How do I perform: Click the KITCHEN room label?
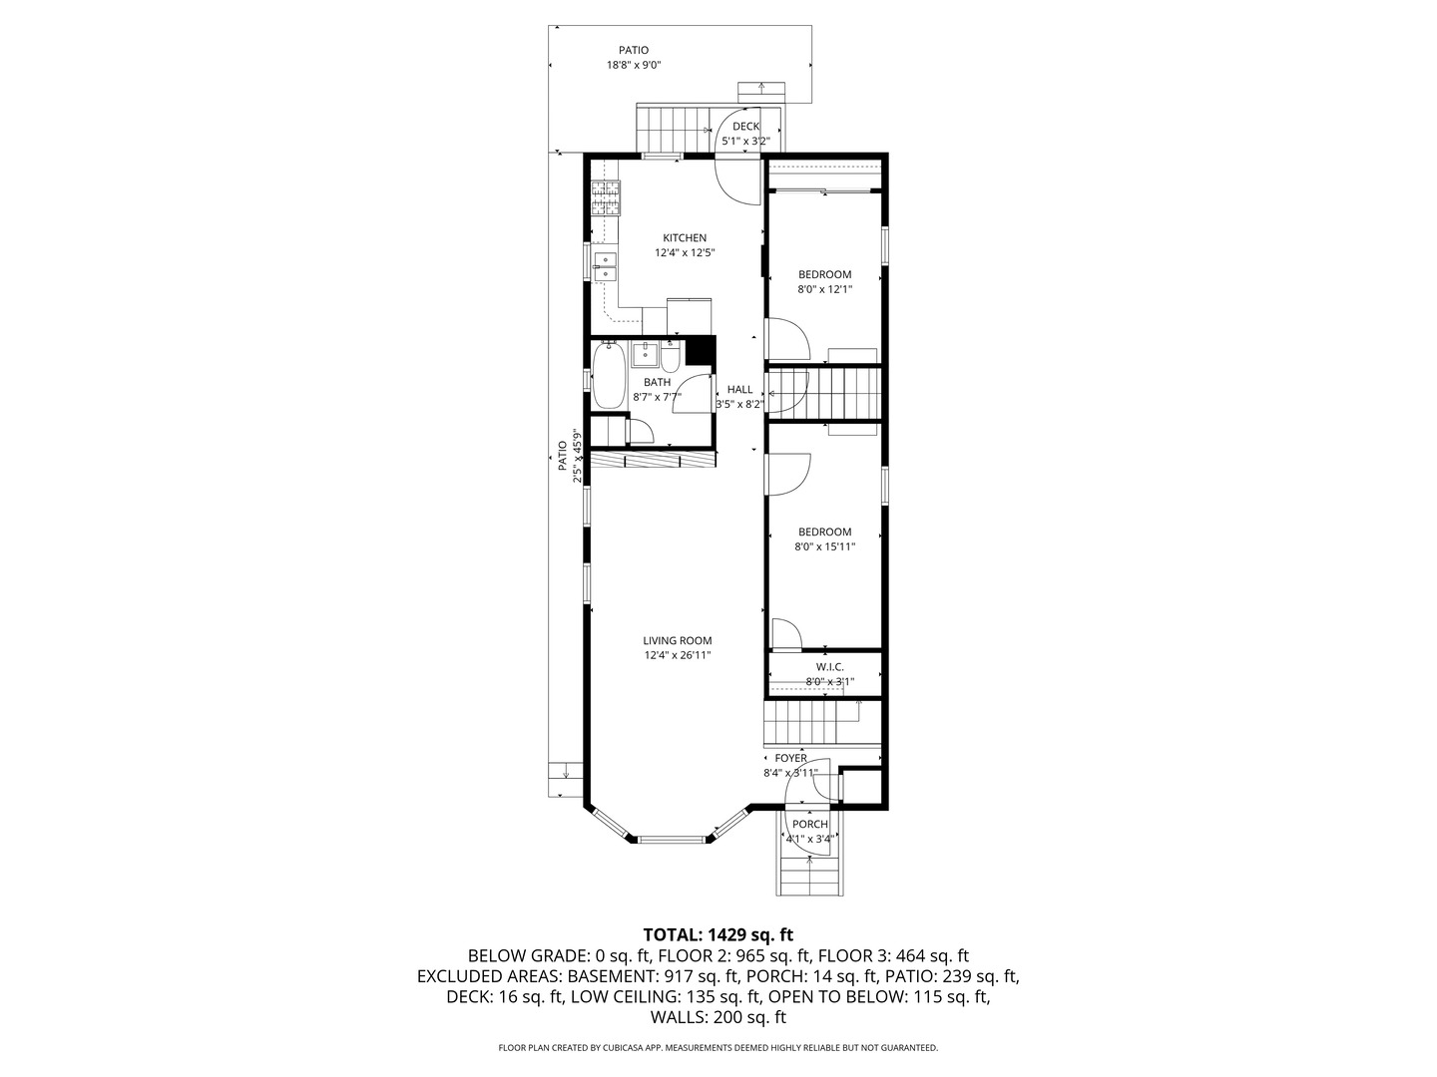[x=685, y=237]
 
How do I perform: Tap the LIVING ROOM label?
[x=677, y=640]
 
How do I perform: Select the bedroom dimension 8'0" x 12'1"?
[x=824, y=290]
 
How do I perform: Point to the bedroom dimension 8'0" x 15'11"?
[x=824, y=546]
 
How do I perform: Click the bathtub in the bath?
[x=609, y=376]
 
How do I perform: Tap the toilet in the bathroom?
[x=670, y=356]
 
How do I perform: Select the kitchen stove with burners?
[x=606, y=197]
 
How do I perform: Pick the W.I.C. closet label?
[x=829, y=666]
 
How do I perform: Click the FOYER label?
[x=790, y=758]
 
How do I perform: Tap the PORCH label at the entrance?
[x=809, y=824]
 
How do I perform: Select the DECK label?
[x=745, y=126]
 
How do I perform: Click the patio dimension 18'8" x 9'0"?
[x=634, y=65]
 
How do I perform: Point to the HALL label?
[x=739, y=389]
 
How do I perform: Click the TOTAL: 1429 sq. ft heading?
[x=718, y=934]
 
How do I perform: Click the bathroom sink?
[x=645, y=352]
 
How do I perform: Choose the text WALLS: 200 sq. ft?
[x=718, y=1017]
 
